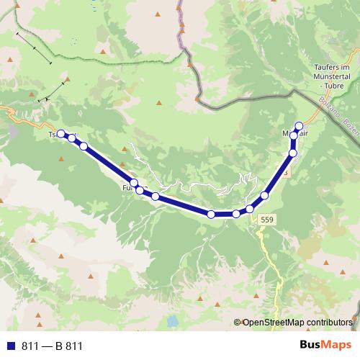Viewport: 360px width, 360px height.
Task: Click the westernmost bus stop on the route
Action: click(61, 133)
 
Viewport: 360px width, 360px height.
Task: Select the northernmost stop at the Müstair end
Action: click(300, 125)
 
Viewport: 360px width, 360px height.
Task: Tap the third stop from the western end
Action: click(84, 146)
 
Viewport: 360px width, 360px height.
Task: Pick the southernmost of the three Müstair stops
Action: click(293, 153)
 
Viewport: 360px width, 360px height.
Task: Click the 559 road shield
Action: click(267, 219)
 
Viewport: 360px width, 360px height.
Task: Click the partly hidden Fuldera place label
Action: click(130, 189)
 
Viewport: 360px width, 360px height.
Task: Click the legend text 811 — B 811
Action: click(52, 346)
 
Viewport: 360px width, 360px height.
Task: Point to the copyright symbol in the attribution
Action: click(238, 322)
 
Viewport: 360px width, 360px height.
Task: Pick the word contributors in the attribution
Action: click(328, 322)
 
